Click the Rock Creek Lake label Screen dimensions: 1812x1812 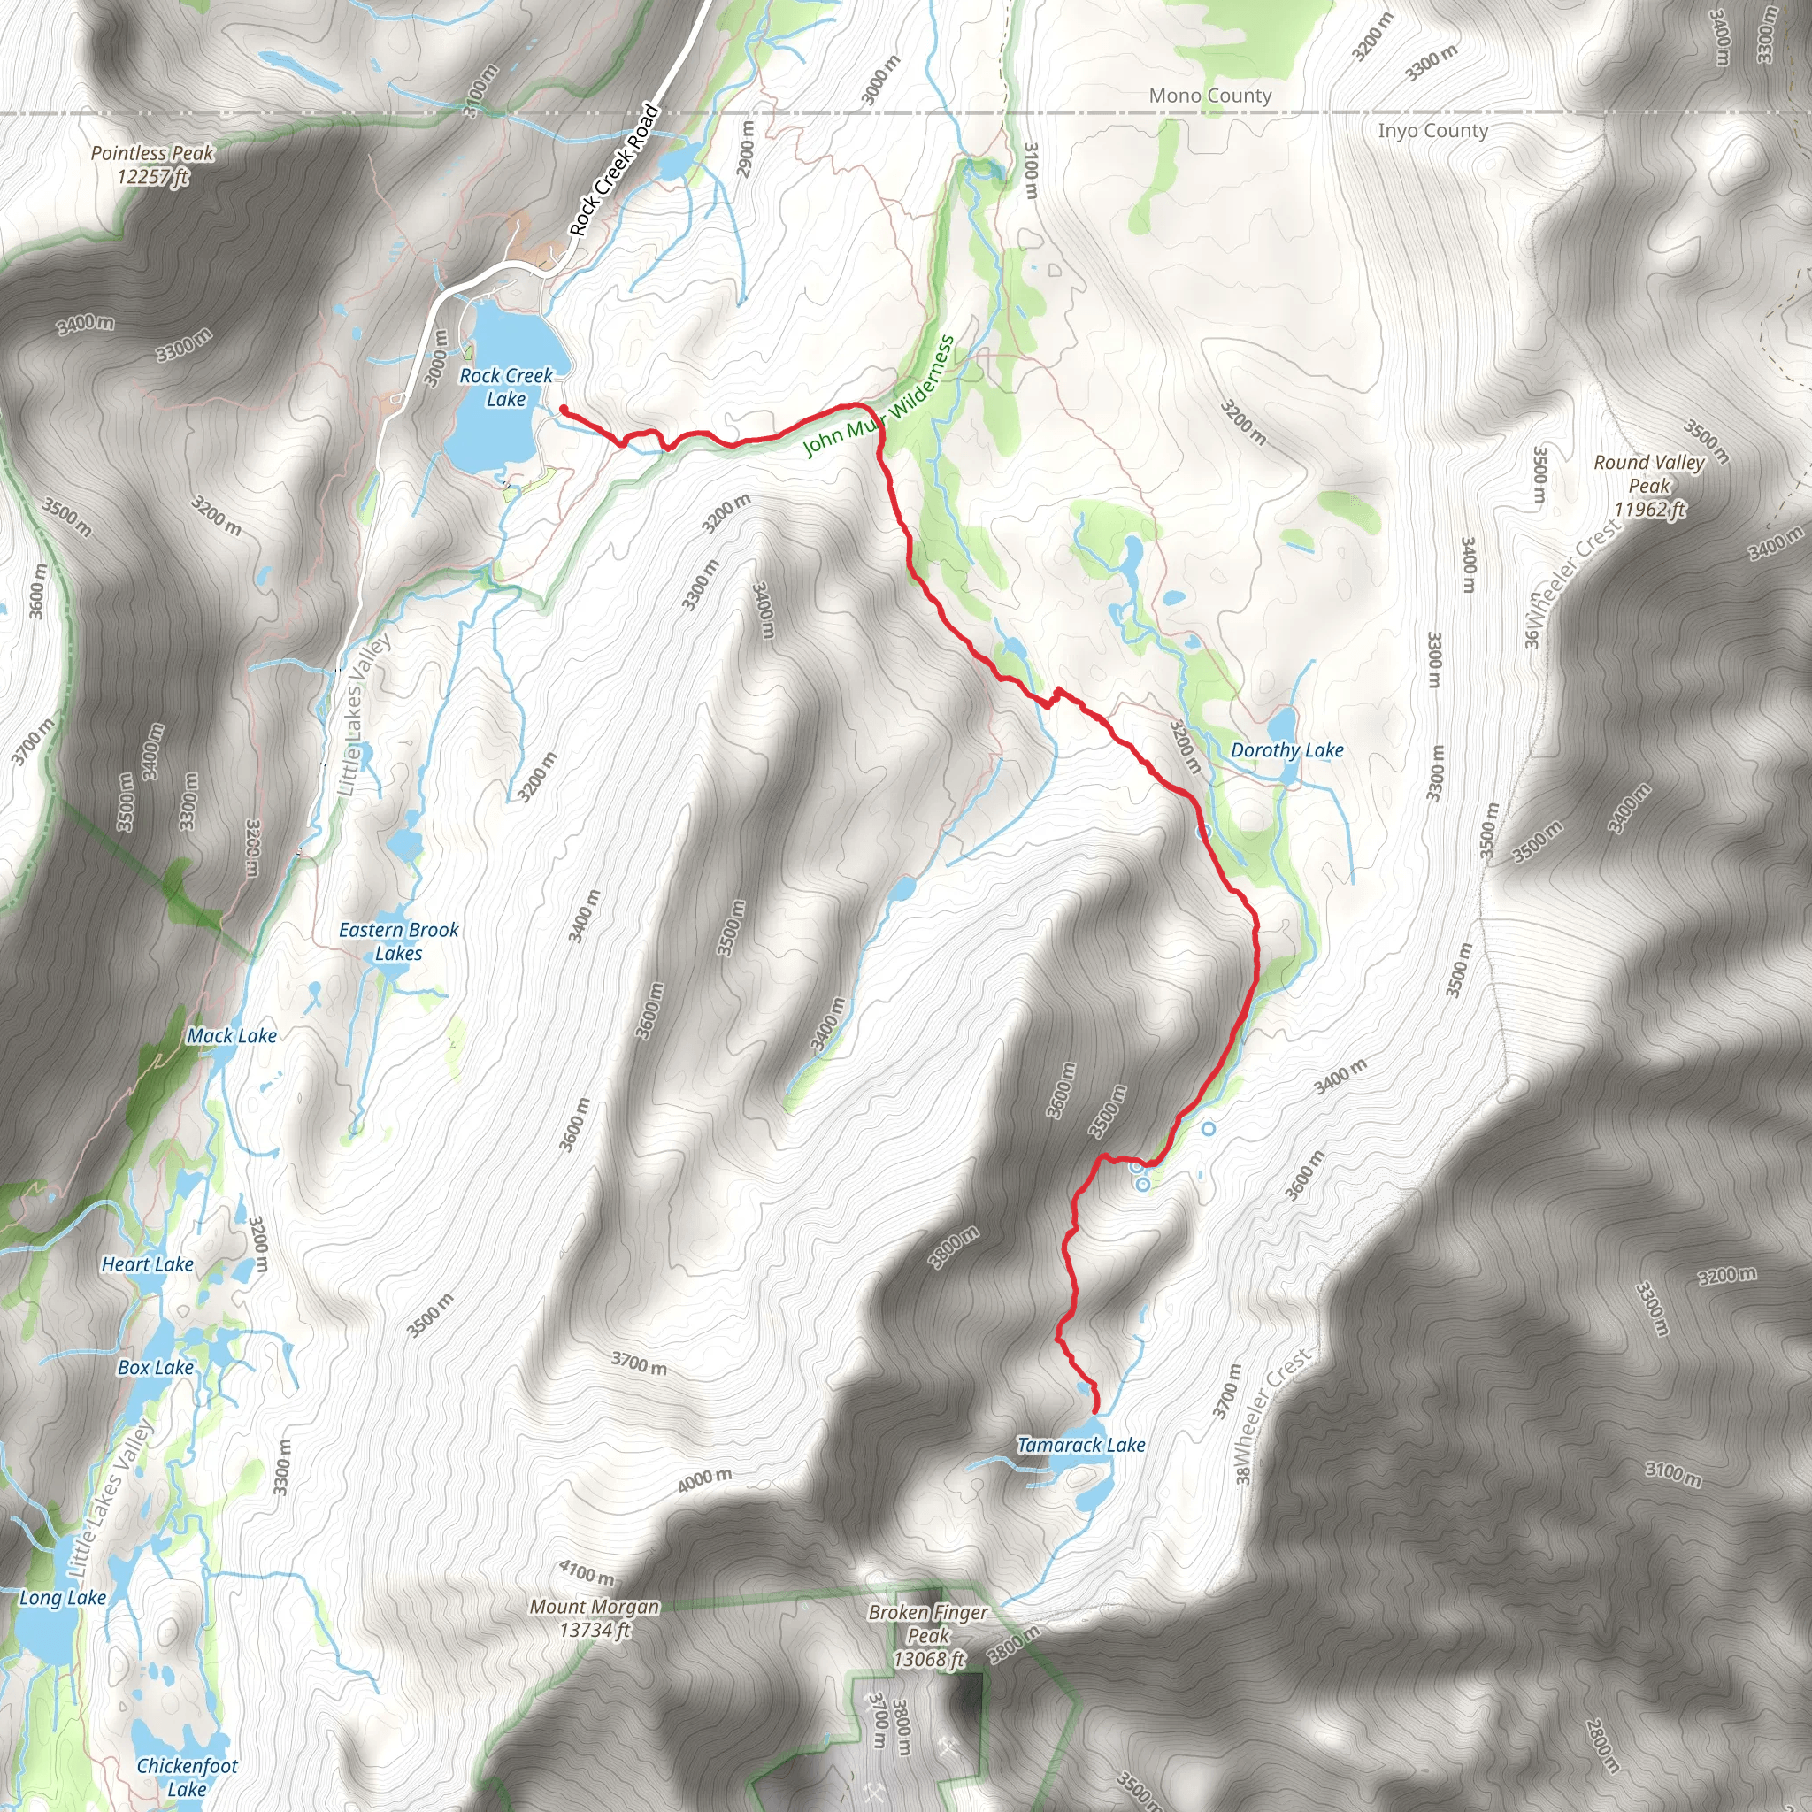505,388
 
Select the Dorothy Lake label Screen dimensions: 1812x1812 1286,750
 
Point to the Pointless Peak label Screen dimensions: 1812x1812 153,165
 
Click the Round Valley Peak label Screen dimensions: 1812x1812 1649,486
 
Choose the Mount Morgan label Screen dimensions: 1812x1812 595,1618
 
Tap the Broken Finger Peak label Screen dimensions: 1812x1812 927,1636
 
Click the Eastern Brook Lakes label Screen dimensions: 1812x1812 399,941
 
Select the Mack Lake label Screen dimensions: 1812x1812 232,1036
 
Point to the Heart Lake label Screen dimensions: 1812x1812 147,1264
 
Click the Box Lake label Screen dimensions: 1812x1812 156,1368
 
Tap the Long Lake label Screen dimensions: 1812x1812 63,1597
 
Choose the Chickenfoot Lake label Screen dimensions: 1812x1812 187,1777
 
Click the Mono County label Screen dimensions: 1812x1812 1209,96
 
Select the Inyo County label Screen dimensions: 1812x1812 1432,130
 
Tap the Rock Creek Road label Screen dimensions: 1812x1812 614,171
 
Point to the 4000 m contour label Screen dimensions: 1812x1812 704,1480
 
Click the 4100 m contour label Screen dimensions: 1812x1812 587,1571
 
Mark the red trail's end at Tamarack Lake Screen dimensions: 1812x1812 1096,1410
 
